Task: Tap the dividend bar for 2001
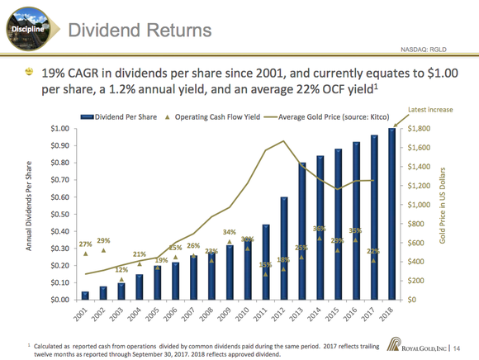click(85, 296)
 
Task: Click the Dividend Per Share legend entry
click(117, 116)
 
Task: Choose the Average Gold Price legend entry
click(329, 116)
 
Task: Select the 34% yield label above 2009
click(230, 232)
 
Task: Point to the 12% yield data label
click(121, 270)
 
